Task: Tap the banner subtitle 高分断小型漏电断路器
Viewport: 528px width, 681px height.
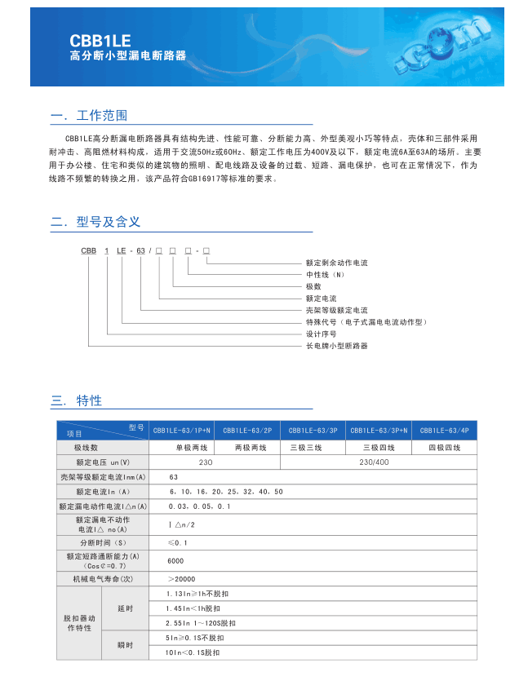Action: [x=127, y=56]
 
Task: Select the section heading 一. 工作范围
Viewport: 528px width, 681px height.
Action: [x=89, y=116]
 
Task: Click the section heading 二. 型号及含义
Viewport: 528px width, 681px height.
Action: [x=95, y=222]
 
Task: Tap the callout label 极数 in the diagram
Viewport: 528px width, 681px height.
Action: [x=313, y=286]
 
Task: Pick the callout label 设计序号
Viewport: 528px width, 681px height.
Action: [x=321, y=334]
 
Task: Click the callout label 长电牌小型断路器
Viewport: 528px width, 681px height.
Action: [x=336, y=346]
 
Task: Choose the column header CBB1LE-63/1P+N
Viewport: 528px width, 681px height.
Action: [x=181, y=430]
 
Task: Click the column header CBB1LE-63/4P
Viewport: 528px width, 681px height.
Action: [x=444, y=430]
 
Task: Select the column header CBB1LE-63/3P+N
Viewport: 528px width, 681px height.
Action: [x=379, y=430]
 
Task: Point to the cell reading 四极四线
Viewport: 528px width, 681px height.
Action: [x=444, y=447]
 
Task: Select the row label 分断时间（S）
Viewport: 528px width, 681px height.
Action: [x=102, y=542]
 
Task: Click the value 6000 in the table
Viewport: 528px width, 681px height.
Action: [x=175, y=561]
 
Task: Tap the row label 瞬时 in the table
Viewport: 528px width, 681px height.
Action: [x=125, y=645]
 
